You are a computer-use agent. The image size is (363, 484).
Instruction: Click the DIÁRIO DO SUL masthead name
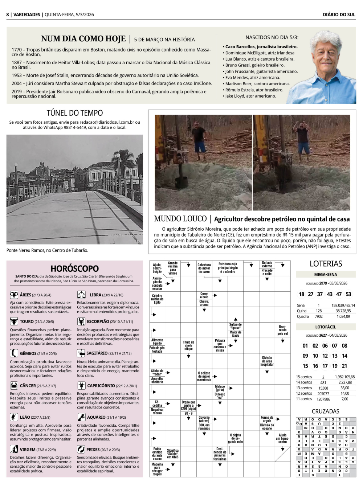click(339, 15)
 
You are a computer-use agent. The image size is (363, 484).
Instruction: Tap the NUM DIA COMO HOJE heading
click(83, 39)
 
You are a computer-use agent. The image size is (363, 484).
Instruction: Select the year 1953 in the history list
click(16, 75)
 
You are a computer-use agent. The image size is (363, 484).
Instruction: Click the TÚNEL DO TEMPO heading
click(75, 113)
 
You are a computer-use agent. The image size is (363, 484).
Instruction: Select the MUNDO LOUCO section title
click(180, 219)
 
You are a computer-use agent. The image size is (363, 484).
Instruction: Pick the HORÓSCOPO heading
click(74, 268)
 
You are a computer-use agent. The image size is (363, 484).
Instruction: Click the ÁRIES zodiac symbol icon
click(14, 295)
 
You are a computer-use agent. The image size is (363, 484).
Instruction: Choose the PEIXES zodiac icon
click(81, 449)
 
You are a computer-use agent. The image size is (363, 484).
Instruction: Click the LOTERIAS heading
click(326, 264)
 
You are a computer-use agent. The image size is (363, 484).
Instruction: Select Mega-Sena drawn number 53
click(348, 294)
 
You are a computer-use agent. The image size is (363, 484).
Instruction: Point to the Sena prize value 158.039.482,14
click(343, 305)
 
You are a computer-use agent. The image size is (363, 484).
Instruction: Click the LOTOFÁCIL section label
click(325, 327)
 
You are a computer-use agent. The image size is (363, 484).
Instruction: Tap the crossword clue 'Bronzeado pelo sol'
click(282, 330)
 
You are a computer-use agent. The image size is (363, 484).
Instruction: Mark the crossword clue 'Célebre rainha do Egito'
click(157, 299)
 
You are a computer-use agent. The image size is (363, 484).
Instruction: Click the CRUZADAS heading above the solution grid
click(325, 411)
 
